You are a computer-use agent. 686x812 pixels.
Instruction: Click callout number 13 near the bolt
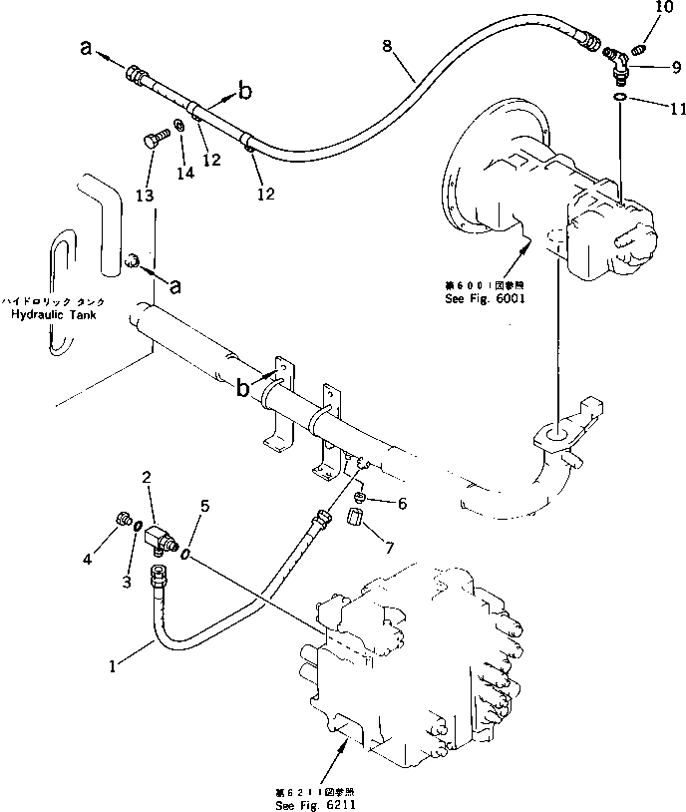click(146, 196)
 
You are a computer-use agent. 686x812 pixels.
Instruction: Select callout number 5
click(203, 506)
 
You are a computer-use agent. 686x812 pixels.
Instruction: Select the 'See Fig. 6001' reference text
click(487, 298)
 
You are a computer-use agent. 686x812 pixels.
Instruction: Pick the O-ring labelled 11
click(620, 97)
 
